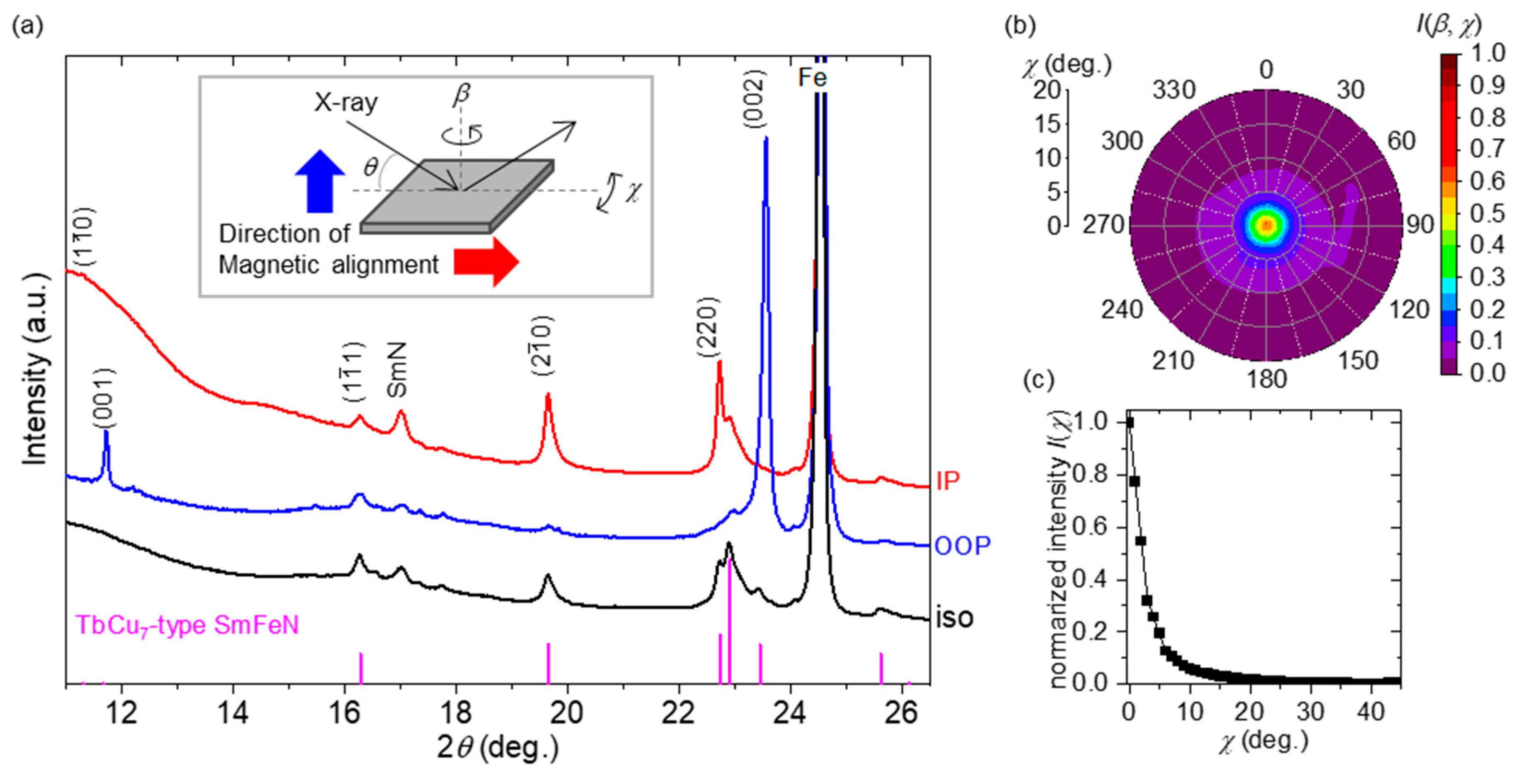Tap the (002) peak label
755,99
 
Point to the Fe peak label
812,77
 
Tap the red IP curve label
948,481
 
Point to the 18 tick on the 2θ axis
456,713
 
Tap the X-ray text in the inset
346,103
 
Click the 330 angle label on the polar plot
1173,90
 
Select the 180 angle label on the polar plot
1266,379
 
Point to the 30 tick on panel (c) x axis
1310,712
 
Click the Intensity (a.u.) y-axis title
35,368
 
